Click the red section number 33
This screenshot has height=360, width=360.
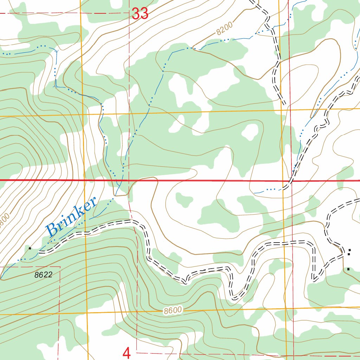140,14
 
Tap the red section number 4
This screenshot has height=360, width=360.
127,353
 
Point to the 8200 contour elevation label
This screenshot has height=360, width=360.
225,30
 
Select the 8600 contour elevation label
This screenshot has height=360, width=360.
173,310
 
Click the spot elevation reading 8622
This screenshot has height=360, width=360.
43,275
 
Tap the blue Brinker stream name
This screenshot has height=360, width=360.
71,217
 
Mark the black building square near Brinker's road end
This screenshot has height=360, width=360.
30,248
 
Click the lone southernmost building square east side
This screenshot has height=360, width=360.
348,269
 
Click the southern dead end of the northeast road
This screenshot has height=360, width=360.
284,104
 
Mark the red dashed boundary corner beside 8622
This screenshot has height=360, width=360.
60,267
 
